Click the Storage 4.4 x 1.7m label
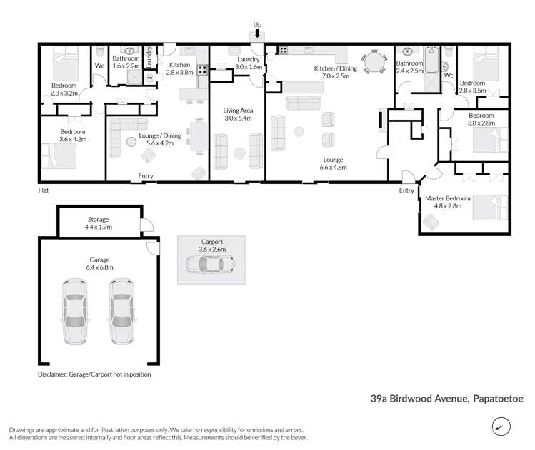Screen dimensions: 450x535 point(98,223)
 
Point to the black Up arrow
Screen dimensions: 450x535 point(257,33)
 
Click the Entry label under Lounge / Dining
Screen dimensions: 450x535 point(146,176)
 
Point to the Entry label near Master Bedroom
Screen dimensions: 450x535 point(406,190)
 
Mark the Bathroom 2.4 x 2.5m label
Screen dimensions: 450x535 point(411,67)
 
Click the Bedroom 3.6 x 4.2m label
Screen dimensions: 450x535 point(73,136)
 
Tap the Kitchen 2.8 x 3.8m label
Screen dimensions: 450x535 point(181,69)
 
